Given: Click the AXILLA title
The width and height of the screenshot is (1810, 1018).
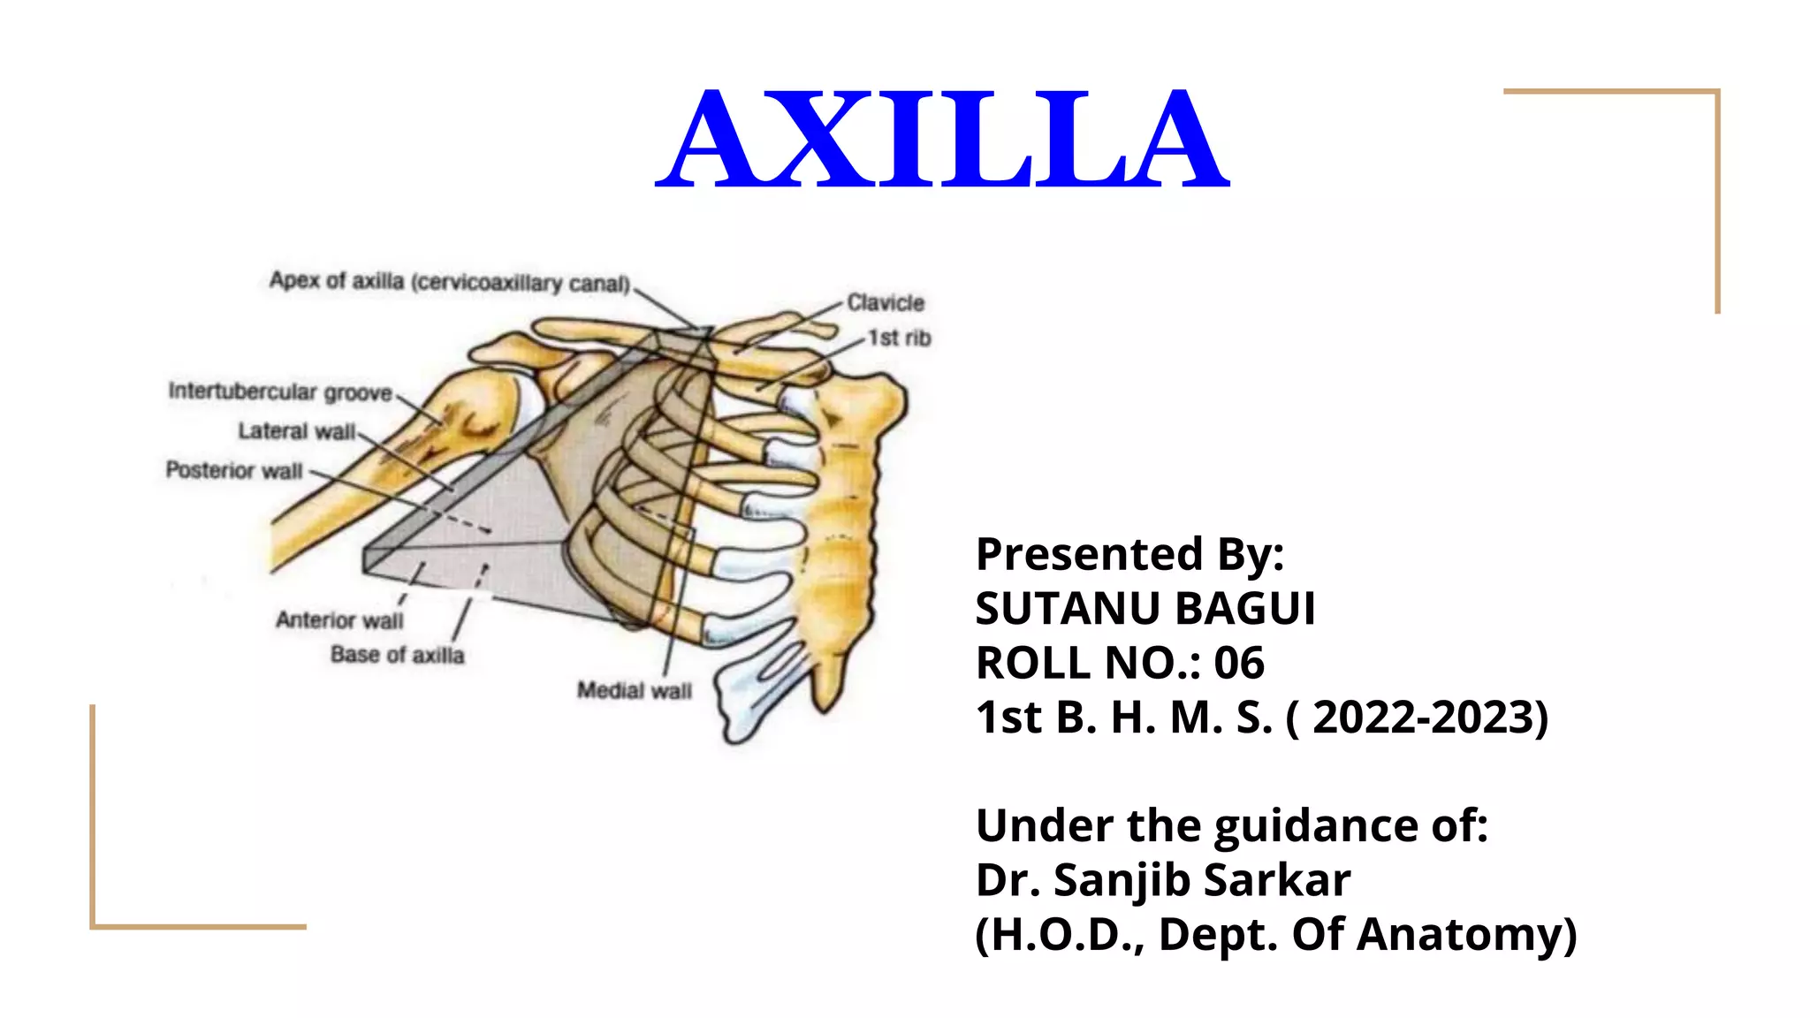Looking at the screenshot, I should (x=942, y=140).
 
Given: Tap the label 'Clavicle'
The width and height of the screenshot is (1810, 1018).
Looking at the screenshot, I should (x=886, y=303).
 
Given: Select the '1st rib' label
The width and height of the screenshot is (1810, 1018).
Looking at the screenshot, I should (x=899, y=338).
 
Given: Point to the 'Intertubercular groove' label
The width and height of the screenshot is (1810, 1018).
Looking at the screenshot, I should (x=280, y=391).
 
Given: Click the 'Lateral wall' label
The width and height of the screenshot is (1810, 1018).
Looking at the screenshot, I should (x=296, y=431).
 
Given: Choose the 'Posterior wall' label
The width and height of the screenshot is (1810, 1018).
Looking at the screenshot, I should (x=234, y=470).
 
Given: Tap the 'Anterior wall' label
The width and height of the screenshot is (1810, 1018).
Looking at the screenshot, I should (x=339, y=620).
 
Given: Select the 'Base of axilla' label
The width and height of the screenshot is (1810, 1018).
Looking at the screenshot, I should (x=397, y=655).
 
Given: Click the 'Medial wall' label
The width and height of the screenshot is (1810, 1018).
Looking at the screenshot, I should (x=635, y=690).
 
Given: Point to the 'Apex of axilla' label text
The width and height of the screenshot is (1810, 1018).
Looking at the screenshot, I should (x=449, y=282).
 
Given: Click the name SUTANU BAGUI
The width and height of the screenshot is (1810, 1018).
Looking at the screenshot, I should (x=1145, y=609).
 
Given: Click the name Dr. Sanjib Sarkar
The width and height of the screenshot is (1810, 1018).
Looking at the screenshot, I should (x=1163, y=880).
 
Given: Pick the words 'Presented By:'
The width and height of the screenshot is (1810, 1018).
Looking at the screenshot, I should (x=1129, y=555).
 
